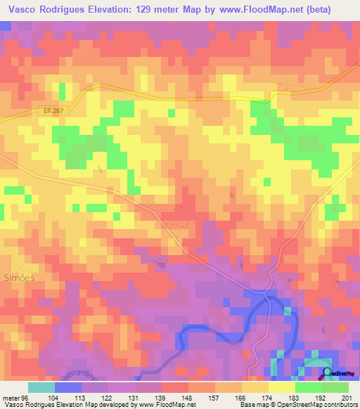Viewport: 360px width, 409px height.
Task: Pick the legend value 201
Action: [345, 398]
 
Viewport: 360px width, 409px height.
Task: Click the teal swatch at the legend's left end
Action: [41, 387]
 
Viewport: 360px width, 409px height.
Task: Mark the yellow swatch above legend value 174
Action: [255, 387]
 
